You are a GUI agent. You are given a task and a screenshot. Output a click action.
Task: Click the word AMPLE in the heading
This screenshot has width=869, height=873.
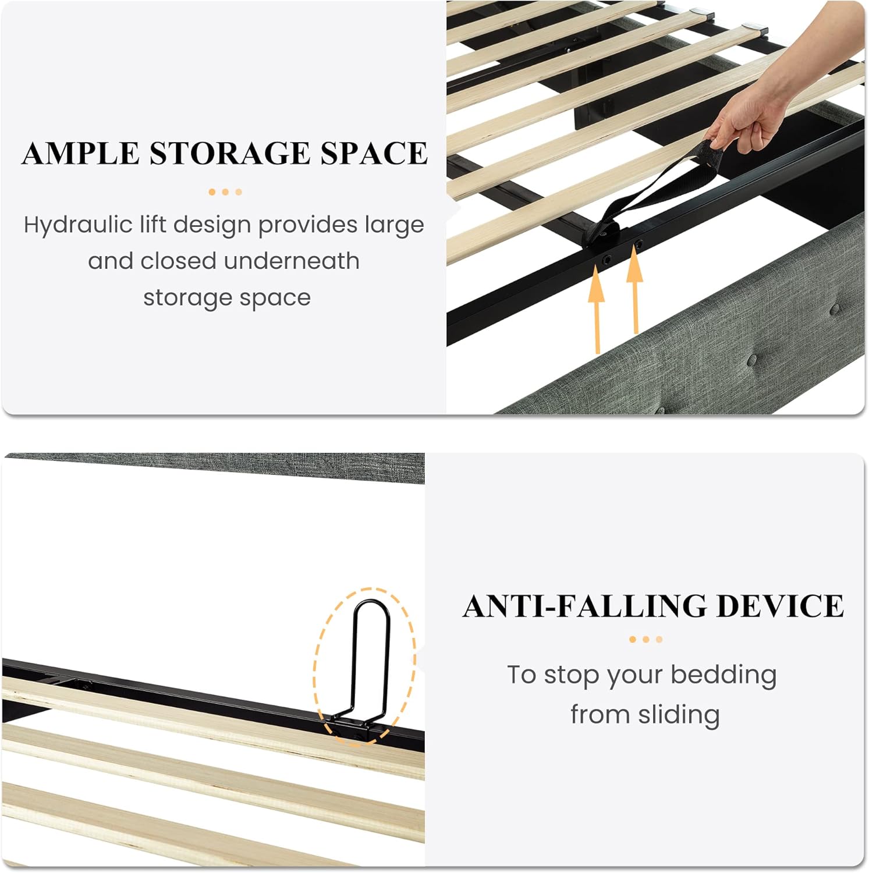tap(80, 153)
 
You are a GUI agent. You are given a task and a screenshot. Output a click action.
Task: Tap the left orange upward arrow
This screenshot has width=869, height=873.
tap(596, 308)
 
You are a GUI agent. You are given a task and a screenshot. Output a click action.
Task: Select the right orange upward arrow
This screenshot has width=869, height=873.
tap(634, 291)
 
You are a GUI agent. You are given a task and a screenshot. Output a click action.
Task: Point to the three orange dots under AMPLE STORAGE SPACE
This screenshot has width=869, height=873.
tap(225, 192)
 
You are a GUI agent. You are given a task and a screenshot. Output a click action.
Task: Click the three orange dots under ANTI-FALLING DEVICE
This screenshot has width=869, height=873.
tap(646, 640)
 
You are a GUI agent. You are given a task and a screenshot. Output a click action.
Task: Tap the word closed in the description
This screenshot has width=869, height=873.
tap(179, 261)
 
